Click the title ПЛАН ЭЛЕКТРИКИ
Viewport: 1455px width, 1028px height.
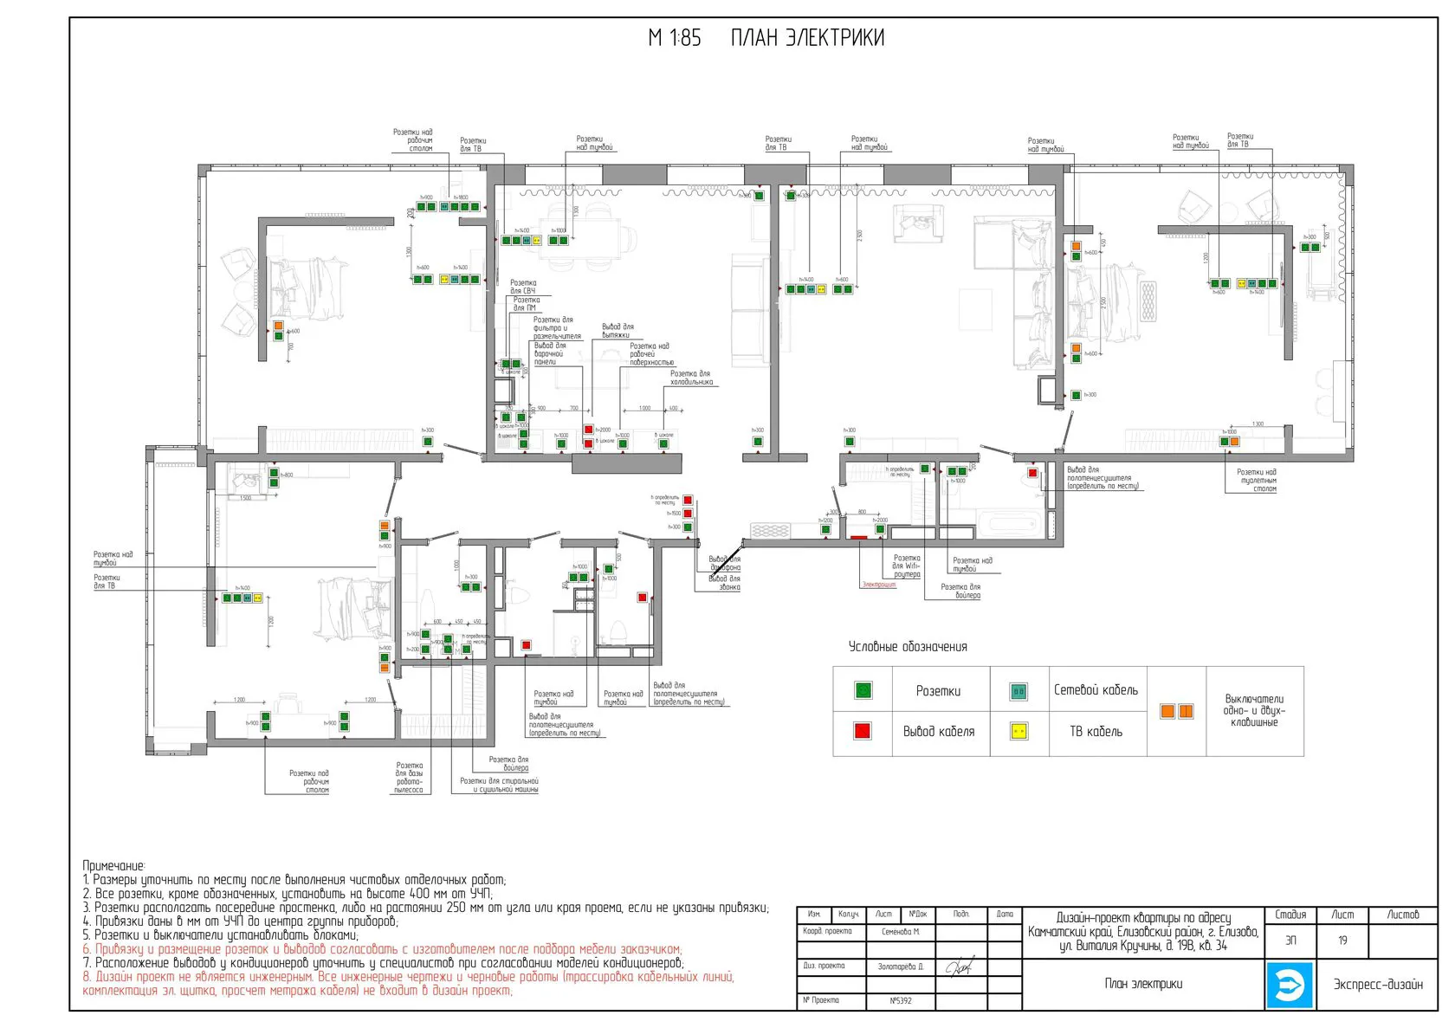[x=807, y=38]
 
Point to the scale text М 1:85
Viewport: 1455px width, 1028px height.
[x=675, y=38]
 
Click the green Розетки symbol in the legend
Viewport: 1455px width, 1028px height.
[x=863, y=690]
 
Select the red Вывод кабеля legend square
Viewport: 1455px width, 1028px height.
[x=863, y=731]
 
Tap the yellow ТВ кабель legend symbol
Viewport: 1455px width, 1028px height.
[x=1019, y=731]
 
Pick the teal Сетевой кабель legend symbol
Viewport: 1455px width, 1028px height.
[x=1019, y=690]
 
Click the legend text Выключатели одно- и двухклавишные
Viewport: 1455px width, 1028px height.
[x=1254, y=710]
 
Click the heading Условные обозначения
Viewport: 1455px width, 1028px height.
[x=908, y=647]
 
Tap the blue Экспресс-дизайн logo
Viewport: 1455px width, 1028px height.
[x=1290, y=985]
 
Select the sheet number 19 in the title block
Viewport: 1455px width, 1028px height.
[x=1342, y=941]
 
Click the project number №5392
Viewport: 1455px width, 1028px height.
[x=901, y=1001]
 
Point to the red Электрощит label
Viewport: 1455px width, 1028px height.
[x=879, y=585]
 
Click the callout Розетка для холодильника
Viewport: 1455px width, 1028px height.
[x=691, y=378]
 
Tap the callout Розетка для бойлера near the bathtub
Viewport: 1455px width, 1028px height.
[x=961, y=592]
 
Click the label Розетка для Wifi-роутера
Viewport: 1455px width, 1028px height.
[x=907, y=566]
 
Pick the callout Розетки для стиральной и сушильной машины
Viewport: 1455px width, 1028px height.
[x=499, y=785]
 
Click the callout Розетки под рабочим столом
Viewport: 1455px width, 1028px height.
[x=309, y=781]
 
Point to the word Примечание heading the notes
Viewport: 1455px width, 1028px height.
[x=113, y=866]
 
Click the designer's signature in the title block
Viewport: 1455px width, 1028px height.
[x=959, y=967]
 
